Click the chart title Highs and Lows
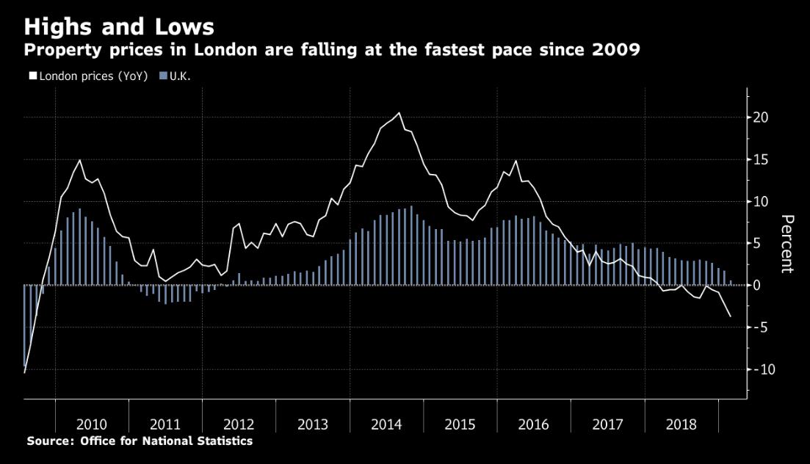(x=119, y=27)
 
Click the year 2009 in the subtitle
(x=616, y=51)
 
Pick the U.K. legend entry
(x=180, y=76)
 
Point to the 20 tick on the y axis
(x=759, y=117)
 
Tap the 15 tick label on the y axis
(x=759, y=159)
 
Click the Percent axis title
(x=787, y=244)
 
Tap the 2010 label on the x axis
(x=92, y=424)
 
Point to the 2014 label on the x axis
(x=386, y=424)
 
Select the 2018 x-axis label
(x=681, y=424)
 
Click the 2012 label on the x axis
(x=239, y=424)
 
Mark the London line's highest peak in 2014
(x=399, y=113)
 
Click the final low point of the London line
(x=730, y=316)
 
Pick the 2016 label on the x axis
(x=533, y=424)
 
